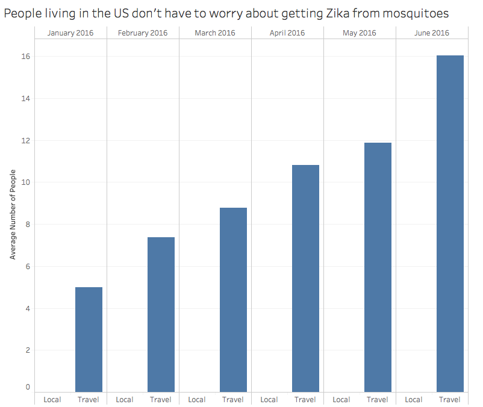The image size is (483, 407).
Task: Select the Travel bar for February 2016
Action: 161,314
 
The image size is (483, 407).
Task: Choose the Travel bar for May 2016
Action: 378,267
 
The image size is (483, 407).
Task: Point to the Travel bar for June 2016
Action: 450,223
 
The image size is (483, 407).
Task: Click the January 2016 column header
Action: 70,33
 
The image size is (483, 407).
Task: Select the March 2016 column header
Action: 215,33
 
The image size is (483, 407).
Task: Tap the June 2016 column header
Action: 432,33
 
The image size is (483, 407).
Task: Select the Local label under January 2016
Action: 52,399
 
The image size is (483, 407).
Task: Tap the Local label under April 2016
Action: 269,399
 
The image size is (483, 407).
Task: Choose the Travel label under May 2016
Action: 378,399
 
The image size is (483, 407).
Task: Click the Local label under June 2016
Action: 414,399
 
